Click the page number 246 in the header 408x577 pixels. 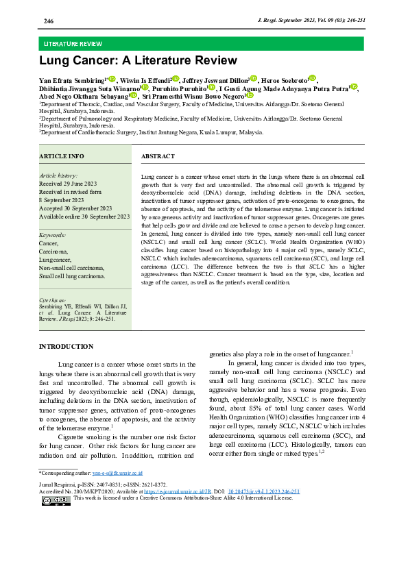(x=49, y=22)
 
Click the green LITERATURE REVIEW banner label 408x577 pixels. (x=73, y=43)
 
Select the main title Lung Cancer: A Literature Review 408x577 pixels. (x=138, y=61)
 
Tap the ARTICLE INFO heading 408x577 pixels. (x=62, y=157)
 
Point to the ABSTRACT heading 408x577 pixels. (x=158, y=157)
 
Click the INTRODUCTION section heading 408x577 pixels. (x=67, y=347)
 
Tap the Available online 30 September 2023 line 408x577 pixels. (x=84, y=217)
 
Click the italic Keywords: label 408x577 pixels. (x=53, y=235)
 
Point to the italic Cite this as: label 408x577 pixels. (x=53, y=300)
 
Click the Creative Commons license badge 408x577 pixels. (x=56, y=500)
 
